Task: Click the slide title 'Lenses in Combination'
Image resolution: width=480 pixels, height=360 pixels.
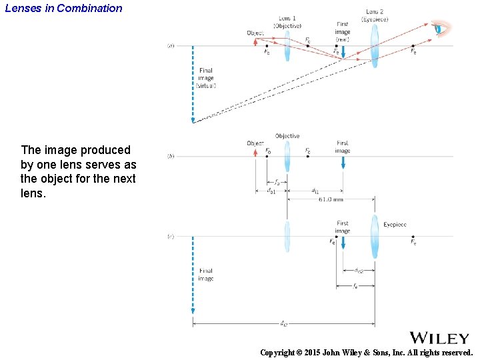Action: point(63,9)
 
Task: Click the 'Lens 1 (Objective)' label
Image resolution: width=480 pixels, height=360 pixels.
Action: point(287,23)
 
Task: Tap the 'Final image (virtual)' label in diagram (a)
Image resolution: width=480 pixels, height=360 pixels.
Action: point(206,78)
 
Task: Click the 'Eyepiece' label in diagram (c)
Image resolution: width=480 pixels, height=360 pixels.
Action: point(395,225)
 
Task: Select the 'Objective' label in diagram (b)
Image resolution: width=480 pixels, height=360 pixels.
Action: point(287,136)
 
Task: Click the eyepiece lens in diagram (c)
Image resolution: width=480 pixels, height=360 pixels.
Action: point(375,236)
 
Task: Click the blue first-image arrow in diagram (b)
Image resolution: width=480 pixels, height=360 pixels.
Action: point(343,161)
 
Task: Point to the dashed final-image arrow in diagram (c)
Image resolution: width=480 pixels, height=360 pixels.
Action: point(193,273)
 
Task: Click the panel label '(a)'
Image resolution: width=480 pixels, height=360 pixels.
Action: point(171,46)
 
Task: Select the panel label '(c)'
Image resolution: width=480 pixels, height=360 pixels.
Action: point(171,236)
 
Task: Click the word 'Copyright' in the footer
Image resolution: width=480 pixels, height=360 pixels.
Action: point(276,352)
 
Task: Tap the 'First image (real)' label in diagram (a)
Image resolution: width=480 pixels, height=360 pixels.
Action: point(343,31)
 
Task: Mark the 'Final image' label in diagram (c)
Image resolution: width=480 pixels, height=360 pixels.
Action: point(206,275)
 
